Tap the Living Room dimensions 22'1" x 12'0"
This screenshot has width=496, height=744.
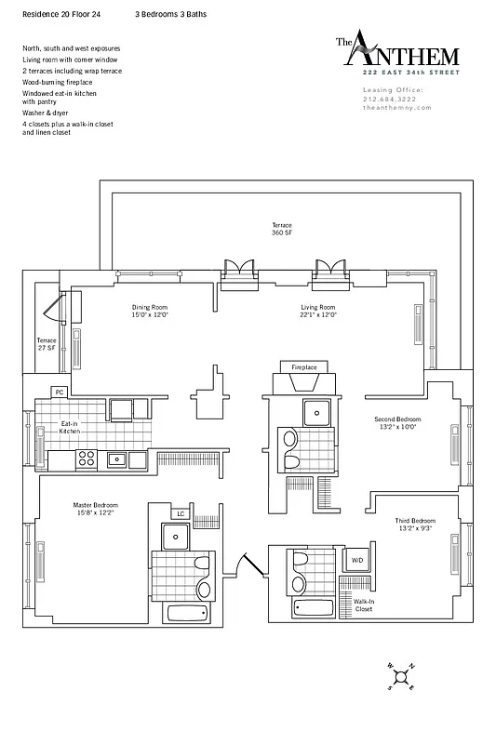pyautogui.click(x=317, y=315)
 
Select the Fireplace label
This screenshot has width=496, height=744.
pyautogui.click(x=304, y=368)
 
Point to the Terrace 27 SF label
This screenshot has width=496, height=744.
pyautogui.click(x=47, y=344)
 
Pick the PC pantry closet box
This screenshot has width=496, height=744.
pyautogui.click(x=60, y=392)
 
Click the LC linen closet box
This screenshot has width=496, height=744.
pyautogui.click(x=180, y=513)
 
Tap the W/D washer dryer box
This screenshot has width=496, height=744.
pyautogui.click(x=356, y=560)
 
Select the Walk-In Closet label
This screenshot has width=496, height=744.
pyautogui.click(x=364, y=606)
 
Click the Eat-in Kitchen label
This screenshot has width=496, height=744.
pyautogui.click(x=70, y=427)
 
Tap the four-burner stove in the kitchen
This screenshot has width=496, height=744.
pyautogui.click(x=86, y=458)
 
